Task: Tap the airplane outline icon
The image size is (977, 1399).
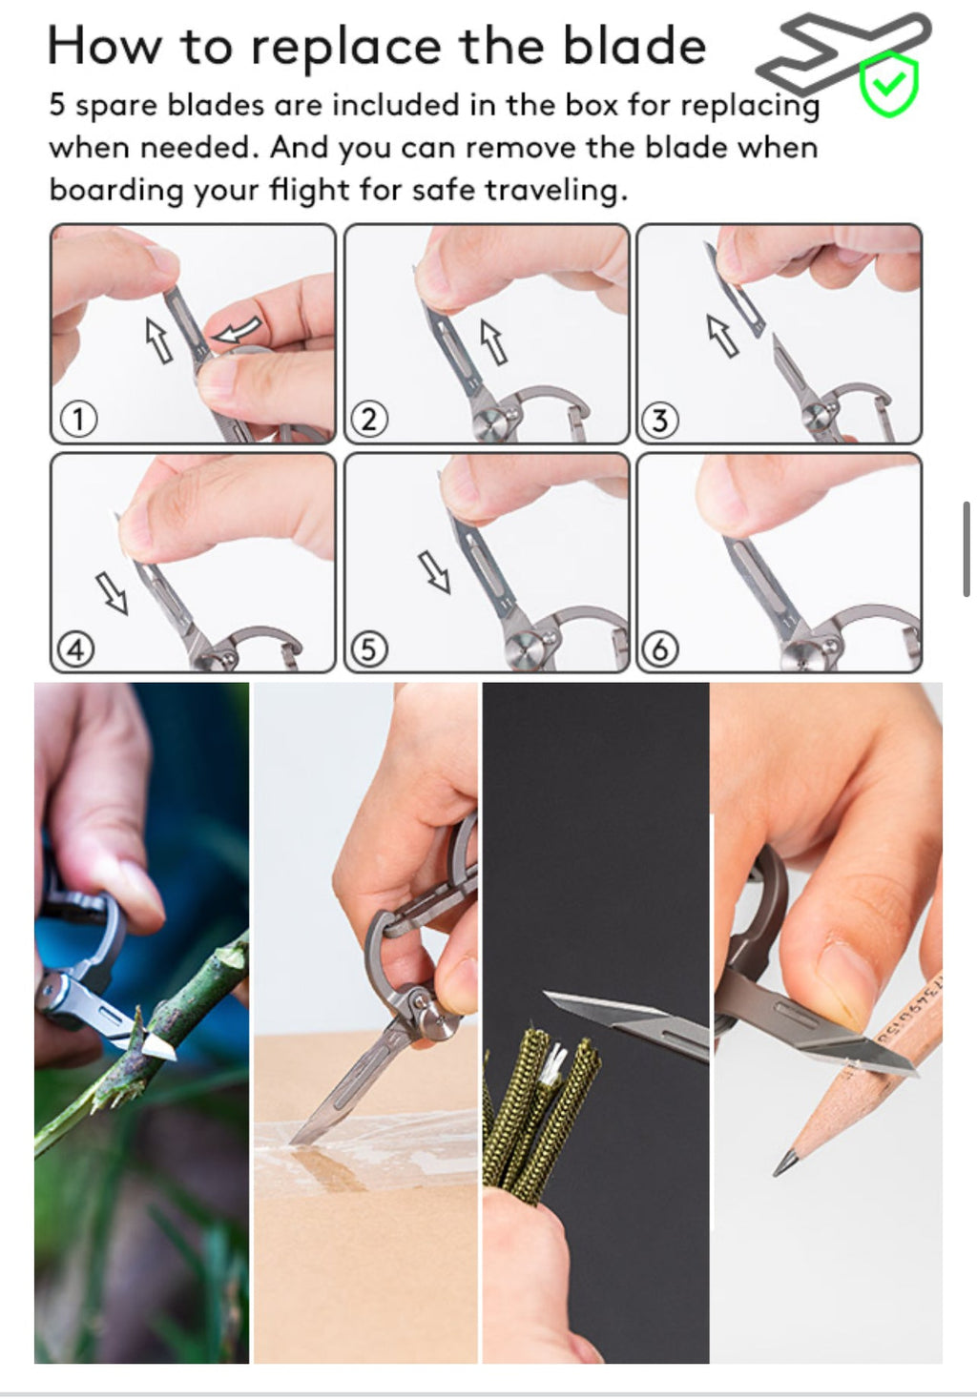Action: tap(840, 50)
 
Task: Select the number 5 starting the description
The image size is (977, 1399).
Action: tap(57, 105)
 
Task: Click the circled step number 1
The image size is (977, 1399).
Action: tap(78, 419)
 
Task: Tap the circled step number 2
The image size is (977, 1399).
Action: tap(369, 419)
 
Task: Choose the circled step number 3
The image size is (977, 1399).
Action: tap(660, 419)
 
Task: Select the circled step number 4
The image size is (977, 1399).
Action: tap(76, 650)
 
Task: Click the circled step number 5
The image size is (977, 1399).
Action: tap(369, 650)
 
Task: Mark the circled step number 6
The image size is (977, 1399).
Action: tap(660, 650)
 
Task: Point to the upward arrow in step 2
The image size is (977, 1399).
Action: tap(492, 341)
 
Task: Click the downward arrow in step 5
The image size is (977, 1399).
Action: tap(435, 572)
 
